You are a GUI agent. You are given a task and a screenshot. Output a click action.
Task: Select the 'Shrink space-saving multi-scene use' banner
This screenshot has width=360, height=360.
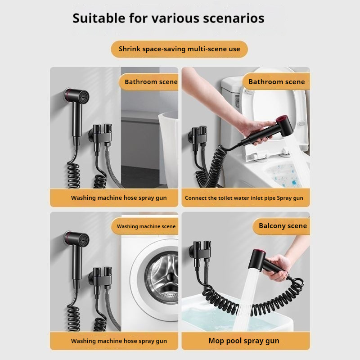179,49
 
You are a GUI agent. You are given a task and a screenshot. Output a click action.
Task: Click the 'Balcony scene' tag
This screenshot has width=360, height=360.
282,226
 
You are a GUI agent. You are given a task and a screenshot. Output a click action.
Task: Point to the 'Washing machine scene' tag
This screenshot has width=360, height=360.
145,226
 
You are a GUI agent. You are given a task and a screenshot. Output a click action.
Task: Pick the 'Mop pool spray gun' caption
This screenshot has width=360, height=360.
244,341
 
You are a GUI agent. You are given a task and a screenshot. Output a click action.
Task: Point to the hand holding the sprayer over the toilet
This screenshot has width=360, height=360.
255,130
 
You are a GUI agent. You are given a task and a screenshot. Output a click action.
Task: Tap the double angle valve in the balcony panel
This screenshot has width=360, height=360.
200,252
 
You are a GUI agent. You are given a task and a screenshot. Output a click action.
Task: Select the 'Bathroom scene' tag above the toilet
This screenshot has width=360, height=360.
276,82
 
